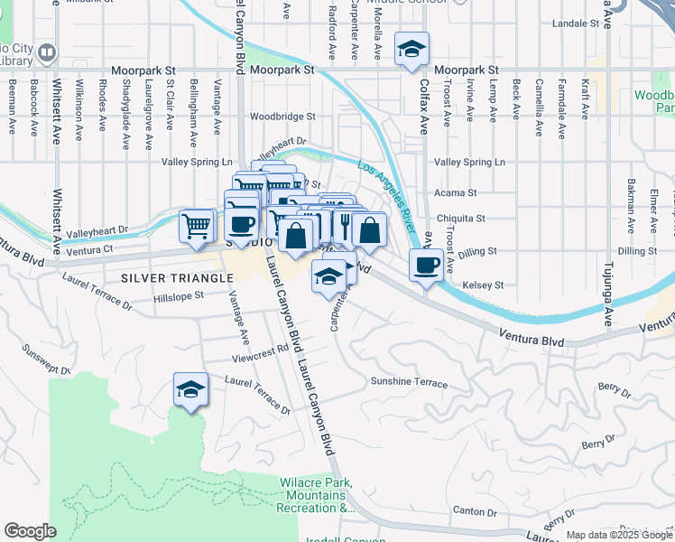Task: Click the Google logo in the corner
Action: coord(30,531)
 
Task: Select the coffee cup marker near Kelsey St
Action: coord(426,265)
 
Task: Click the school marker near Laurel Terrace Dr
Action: coord(190,389)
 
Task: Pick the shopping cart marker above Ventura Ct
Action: coord(197,225)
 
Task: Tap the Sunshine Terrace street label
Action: coord(409,382)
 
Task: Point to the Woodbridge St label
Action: coord(282,117)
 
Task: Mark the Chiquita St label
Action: coord(461,218)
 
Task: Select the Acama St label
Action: coord(456,193)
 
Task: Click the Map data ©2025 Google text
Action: coord(618,535)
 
